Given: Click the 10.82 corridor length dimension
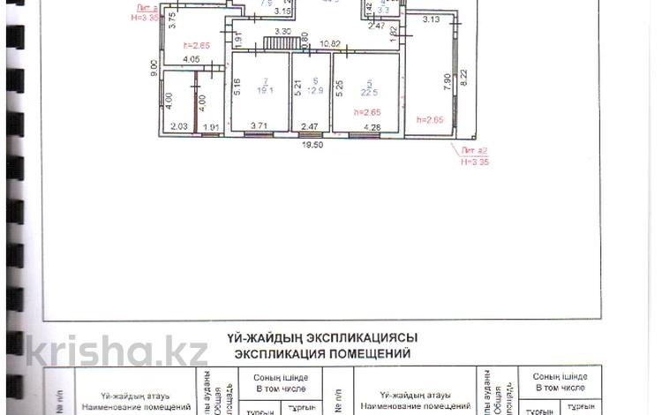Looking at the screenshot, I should [330, 43].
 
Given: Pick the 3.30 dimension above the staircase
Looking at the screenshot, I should [282, 32].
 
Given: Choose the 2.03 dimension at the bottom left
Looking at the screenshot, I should [178, 127].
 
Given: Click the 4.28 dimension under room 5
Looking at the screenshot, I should [372, 128].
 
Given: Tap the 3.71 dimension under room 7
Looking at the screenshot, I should [259, 127].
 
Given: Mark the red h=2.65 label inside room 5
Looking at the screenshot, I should [365, 112].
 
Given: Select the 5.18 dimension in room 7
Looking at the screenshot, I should [237, 86].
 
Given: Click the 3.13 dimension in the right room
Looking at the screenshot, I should [431, 19].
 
